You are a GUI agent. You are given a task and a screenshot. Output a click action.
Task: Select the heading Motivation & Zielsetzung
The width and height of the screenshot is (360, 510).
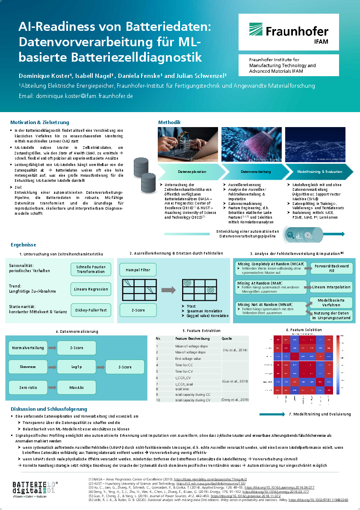coord(39,122)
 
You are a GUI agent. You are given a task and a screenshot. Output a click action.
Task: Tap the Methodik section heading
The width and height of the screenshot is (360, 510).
coord(169,122)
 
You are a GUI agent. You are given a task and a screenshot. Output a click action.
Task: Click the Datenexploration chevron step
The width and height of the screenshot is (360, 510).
coord(192,172)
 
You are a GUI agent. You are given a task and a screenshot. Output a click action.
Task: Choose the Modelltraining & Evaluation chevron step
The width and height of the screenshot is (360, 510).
coord(320,172)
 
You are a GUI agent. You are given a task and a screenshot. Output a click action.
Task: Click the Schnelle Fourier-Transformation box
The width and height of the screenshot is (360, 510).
coord(91,269)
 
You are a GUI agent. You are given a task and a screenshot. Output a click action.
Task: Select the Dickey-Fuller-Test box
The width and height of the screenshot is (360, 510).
coord(91,310)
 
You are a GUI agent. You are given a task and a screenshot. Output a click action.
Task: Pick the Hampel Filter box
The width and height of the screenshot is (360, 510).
coord(138,270)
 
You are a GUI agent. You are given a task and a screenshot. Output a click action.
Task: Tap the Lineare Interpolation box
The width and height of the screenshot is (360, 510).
coord(331,287)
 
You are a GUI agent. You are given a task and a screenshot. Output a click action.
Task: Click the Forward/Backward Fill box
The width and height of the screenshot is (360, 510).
coord(332,268)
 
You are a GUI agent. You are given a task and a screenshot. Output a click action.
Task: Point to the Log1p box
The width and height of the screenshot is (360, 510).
coord(77,367)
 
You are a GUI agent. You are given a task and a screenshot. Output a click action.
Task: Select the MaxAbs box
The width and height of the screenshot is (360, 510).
coord(77,388)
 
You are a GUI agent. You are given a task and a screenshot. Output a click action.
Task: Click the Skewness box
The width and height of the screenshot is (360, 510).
coord(28,367)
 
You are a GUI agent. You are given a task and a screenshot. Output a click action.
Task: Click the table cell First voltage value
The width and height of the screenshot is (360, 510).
coord(188,359)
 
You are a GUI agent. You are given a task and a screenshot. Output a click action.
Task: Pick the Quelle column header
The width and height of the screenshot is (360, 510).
coord(227,338)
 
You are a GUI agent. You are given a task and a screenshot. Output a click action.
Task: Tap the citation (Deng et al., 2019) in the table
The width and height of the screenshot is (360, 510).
coord(235,400)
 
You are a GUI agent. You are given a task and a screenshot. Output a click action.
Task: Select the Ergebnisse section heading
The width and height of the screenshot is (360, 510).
coord(24,245)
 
